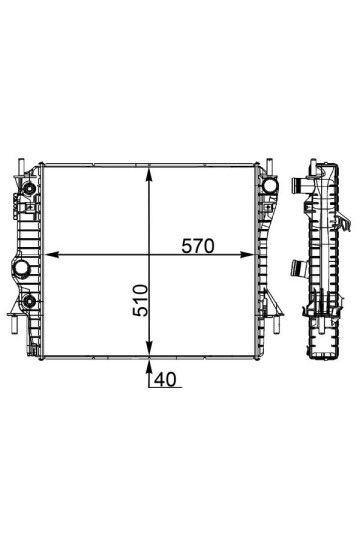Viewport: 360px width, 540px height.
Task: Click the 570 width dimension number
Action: pyautogui.click(x=198, y=246)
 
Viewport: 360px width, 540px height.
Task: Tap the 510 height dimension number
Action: pyautogui.click(x=140, y=300)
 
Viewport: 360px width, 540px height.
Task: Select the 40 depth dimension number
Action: pyautogui.click(x=165, y=379)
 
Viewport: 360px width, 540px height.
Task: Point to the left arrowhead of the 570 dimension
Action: pyautogui.click(x=52, y=255)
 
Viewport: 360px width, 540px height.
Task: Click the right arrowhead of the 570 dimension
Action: pyautogui.click(x=247, y=255)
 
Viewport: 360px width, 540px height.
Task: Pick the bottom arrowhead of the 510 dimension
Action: pyautogui.click(x=149, y=349)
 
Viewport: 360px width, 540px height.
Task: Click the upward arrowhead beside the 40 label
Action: pyautogui.click(x=149, y=367)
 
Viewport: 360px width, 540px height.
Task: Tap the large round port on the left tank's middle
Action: pyautogui.click(x=21, y=267)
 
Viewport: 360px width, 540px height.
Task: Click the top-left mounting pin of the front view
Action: pyautogui.click(x=21, y=166)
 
